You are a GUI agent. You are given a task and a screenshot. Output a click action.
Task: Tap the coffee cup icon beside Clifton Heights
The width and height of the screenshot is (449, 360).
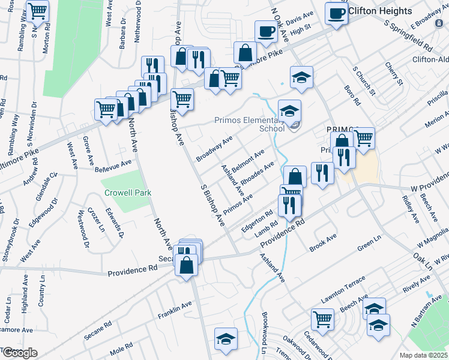point(336,13)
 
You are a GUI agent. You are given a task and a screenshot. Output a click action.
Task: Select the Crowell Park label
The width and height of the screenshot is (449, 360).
point(127,193)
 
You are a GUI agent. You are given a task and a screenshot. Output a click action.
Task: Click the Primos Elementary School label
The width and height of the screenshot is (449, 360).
point(249,124)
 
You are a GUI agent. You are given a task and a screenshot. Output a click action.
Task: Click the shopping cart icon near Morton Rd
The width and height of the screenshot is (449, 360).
point(37,10)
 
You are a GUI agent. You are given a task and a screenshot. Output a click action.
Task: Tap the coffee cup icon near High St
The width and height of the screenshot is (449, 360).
point(265,31)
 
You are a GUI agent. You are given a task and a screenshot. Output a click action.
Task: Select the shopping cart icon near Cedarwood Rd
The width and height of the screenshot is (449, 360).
point(322,319)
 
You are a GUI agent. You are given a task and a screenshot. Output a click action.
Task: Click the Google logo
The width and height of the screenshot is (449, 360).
point(19,353)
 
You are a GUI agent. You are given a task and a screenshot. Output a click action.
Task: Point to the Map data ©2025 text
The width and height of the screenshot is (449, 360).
point(424,355)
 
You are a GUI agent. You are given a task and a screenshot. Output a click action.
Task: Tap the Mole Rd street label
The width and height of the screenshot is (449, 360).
point(121,349)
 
